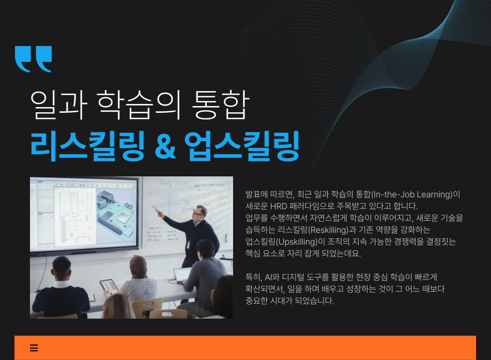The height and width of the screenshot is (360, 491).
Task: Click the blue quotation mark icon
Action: pyautogui.click(x=33, y=59)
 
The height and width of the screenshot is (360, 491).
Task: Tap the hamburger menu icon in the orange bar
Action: pyautogui.click(x=34, y=348)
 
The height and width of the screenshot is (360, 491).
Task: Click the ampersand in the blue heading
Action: pyautogui.click(x=165, y=146)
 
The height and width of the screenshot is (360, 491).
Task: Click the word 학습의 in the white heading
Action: pyautogui.click(x=139, y=104)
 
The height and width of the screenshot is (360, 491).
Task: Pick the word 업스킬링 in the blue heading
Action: pyautogui.click(x=242, y=146)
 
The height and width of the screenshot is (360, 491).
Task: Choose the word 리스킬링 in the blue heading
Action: pyautogui.click(x=88, y=146)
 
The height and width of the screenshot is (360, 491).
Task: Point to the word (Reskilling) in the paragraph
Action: pyautogui.click(x=328, y=230)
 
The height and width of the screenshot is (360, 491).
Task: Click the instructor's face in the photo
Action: pyautogui.click(x=199, y=214)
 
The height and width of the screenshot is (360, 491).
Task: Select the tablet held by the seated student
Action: pyautogui.click(x=109, y=286)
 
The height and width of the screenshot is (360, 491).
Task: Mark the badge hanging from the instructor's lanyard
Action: pyautogui.click(x=189, y=245)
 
